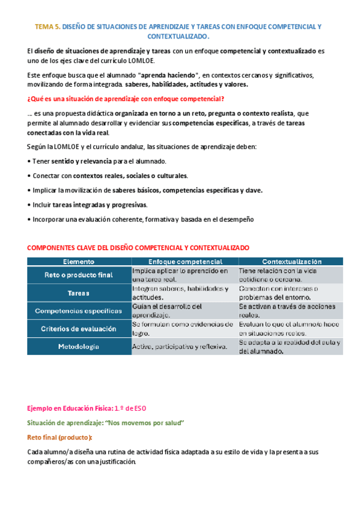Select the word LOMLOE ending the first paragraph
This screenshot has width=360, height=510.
click(141, 61)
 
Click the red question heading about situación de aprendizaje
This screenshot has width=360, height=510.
click(126, 99)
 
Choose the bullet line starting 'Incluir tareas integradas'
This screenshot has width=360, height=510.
click(88, 205)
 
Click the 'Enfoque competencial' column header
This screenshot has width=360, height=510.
click(185, 262)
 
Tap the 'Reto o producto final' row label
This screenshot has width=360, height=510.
click(79, 275)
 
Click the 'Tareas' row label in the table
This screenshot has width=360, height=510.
click(79, 293)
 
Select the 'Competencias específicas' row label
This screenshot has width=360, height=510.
click(79, 311)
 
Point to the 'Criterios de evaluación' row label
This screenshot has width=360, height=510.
click(79, 329)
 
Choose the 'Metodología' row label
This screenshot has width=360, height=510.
click(79, 347)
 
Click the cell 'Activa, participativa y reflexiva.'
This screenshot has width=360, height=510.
click(179, 347)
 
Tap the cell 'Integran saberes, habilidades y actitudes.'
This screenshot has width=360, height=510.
click(180, 293)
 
